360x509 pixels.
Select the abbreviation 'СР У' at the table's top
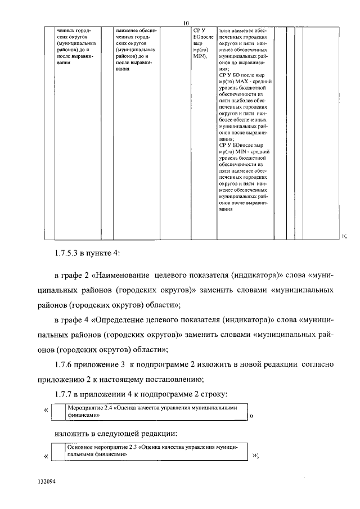pos(199,29)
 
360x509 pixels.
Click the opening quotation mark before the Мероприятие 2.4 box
pos(46,411)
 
